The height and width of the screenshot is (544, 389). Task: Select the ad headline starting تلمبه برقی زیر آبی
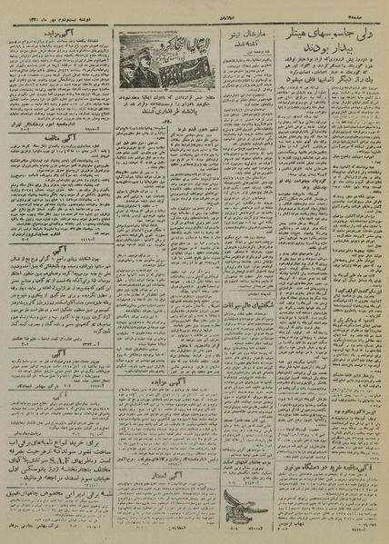60,495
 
